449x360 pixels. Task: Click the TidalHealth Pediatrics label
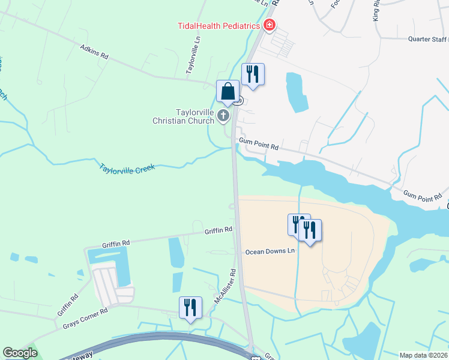tap(218, 25)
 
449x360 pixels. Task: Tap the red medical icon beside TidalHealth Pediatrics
tap(270, 25)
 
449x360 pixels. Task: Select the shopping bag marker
tap(228, 92)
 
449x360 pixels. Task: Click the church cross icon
tap(223, 115)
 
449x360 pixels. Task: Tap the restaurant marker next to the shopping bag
tap(253, 75)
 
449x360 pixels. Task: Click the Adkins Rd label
tap(94, 51)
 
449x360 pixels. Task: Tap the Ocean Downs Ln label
tap(271, 251)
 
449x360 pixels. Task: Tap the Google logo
tap(20, 353)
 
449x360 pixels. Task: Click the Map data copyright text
tap(424, 355)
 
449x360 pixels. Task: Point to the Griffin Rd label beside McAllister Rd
tap(218, 230)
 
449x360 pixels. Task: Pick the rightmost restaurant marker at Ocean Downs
tap(310, 230)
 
